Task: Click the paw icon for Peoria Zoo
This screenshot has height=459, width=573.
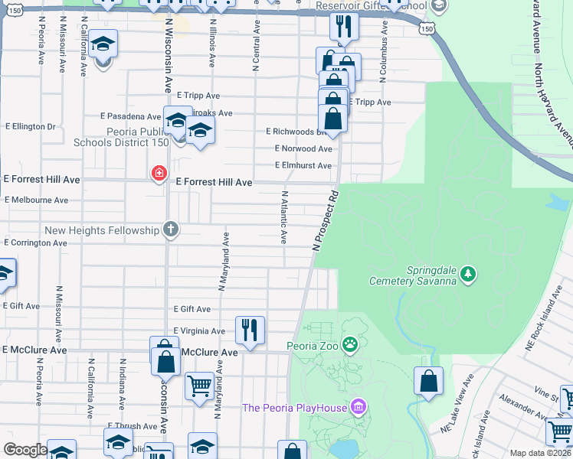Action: pyautogui.click(x=350, y=345)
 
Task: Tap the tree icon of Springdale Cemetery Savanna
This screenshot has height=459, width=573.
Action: pyautogui.click(x=468, y=273)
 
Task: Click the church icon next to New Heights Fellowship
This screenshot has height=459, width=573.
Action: pyautogui.click(x=171, y=229)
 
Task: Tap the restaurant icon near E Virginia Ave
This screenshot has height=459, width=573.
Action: pyautogui.click(x=250, y=330)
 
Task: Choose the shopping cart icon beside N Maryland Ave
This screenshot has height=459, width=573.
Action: pyautogui.click(x=199, y=386)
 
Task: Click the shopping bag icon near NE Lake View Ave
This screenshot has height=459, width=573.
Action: pyautogui.click(x=429, y=381)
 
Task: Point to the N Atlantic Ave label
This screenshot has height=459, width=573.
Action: pyautogui.click(x=284, y=217)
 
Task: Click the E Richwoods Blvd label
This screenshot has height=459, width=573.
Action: pyautogui.click(x=292, y=132)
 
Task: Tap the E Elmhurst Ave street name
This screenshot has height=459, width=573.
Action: pyautogui.click(x=303, y=165)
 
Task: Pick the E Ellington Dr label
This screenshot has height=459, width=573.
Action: pyautogui.click(x=31, y=126)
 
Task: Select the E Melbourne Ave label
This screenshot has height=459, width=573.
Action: pyautogui.click(x=36, y=200)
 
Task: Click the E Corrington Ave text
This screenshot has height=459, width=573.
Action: pyautogui.click(x=35, y=243)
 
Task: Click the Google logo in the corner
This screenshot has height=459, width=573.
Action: pyautogui.click(x=26, y=450)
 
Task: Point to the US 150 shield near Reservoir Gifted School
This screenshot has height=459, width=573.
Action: pyautogui.click(x=427, y=28)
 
